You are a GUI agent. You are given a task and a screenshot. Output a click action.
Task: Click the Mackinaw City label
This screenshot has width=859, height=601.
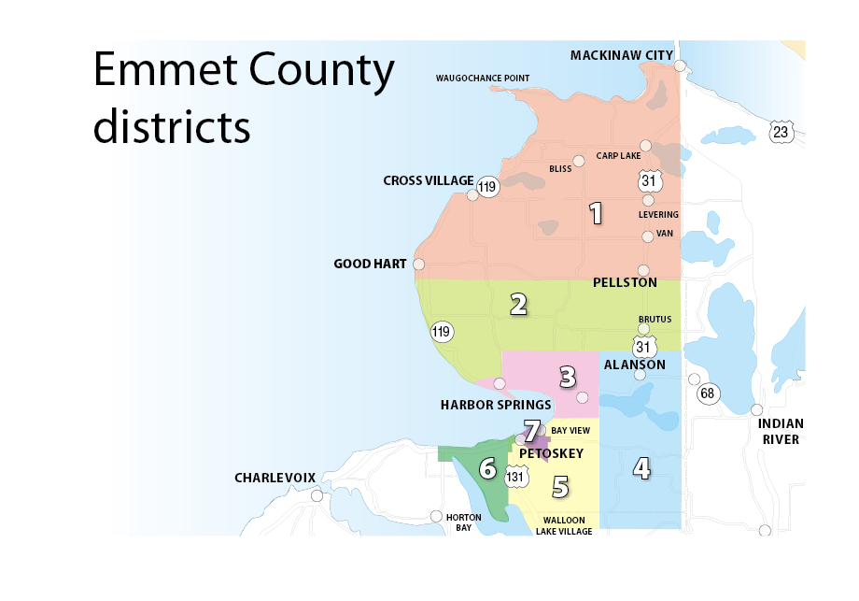click(x=621, y=55)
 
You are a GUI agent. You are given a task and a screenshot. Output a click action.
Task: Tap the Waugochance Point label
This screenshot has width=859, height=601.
click(x=483, y=78)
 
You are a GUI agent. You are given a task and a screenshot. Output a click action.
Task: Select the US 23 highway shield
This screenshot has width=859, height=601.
click(x=781, y=132)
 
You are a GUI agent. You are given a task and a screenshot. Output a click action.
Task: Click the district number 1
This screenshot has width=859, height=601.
click(x=595, y=213)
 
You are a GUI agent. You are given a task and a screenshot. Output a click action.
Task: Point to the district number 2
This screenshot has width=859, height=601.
click(x=518, y=303)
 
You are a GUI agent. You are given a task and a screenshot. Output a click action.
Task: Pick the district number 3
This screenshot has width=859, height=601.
click(x=567, y=377)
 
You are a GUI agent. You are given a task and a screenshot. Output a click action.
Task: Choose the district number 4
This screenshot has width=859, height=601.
click(x=641, y=466)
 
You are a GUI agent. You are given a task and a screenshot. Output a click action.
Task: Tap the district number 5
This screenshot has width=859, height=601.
click(x=559, y=486)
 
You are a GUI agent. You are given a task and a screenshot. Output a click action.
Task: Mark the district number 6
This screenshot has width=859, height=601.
click(x=486, y=467)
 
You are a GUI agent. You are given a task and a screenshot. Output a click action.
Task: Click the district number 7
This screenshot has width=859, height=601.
click(x=531, y=431)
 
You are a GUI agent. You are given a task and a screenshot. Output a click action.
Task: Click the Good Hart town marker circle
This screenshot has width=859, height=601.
click(x=418, y=265)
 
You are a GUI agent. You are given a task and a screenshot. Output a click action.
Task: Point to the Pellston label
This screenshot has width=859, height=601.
click(x=625, y=282)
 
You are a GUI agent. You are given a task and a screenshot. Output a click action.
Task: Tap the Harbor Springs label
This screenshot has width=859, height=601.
click(x=495, y=405)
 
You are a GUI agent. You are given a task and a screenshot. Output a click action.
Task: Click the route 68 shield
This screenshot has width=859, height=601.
click(x=707, y=393)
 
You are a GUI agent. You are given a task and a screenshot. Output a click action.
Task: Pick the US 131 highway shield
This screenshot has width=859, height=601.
click(x=514, y=477)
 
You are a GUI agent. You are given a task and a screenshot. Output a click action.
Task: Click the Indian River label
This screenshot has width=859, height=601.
click(x=781, y=431)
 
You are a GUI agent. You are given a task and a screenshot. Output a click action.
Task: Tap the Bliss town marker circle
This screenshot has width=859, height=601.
click(x=579, y=161)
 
